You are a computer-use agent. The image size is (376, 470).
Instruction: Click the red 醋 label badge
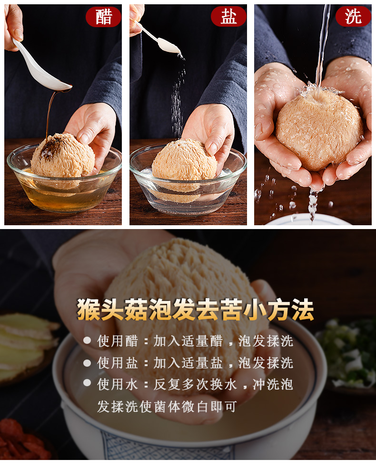[x=103, y=17]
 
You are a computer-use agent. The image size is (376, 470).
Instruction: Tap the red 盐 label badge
[x=228, y=17]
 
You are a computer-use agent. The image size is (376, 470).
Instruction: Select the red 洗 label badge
[x=353, y=17]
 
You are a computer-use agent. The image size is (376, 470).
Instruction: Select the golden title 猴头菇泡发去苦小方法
[x=195, y=310]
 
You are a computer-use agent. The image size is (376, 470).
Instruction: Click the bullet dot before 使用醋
[x=87, y=340]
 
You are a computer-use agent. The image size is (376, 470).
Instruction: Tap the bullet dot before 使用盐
[x=87, y=363]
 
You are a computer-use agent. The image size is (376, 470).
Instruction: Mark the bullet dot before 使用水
[x=87, y=383]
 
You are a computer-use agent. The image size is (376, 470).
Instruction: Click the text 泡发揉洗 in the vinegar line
[x=266, y=341]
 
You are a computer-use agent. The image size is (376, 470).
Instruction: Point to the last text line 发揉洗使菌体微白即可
[x=167, y=407]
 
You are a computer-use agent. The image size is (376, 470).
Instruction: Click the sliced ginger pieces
[x=27, y=345]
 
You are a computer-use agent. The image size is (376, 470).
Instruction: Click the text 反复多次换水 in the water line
[x=195, y=385]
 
